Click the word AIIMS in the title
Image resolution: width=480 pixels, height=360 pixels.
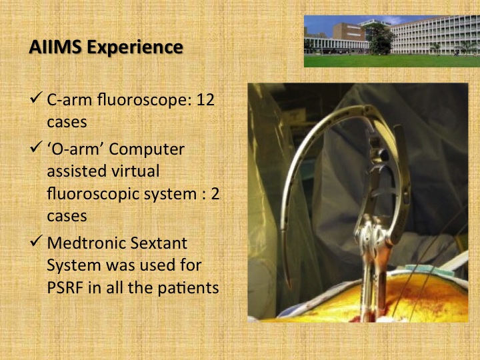click(55, 47)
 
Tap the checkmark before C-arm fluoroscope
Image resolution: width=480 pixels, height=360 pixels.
click(36, 97)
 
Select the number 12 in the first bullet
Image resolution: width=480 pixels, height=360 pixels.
click(205, 100)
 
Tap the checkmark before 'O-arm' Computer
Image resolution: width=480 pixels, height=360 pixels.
click(36, 147)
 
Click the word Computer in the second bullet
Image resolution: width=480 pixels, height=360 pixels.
click(147, 150)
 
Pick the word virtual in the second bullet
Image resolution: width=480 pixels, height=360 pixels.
click(135, 171)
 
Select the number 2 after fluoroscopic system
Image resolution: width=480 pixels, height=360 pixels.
click(215, 194)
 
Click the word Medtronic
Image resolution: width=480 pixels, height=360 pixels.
click(86, 243)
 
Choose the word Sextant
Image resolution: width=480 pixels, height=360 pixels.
click(159, 243)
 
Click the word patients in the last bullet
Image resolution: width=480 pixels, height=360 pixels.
click(188, 289)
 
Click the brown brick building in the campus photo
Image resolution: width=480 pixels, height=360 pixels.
click(349, 32)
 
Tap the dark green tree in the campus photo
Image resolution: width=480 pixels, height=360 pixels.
click(381, 40)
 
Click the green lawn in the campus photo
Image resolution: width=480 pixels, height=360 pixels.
click(392, 61)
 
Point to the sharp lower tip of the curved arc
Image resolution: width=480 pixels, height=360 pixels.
click(288, 287)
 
